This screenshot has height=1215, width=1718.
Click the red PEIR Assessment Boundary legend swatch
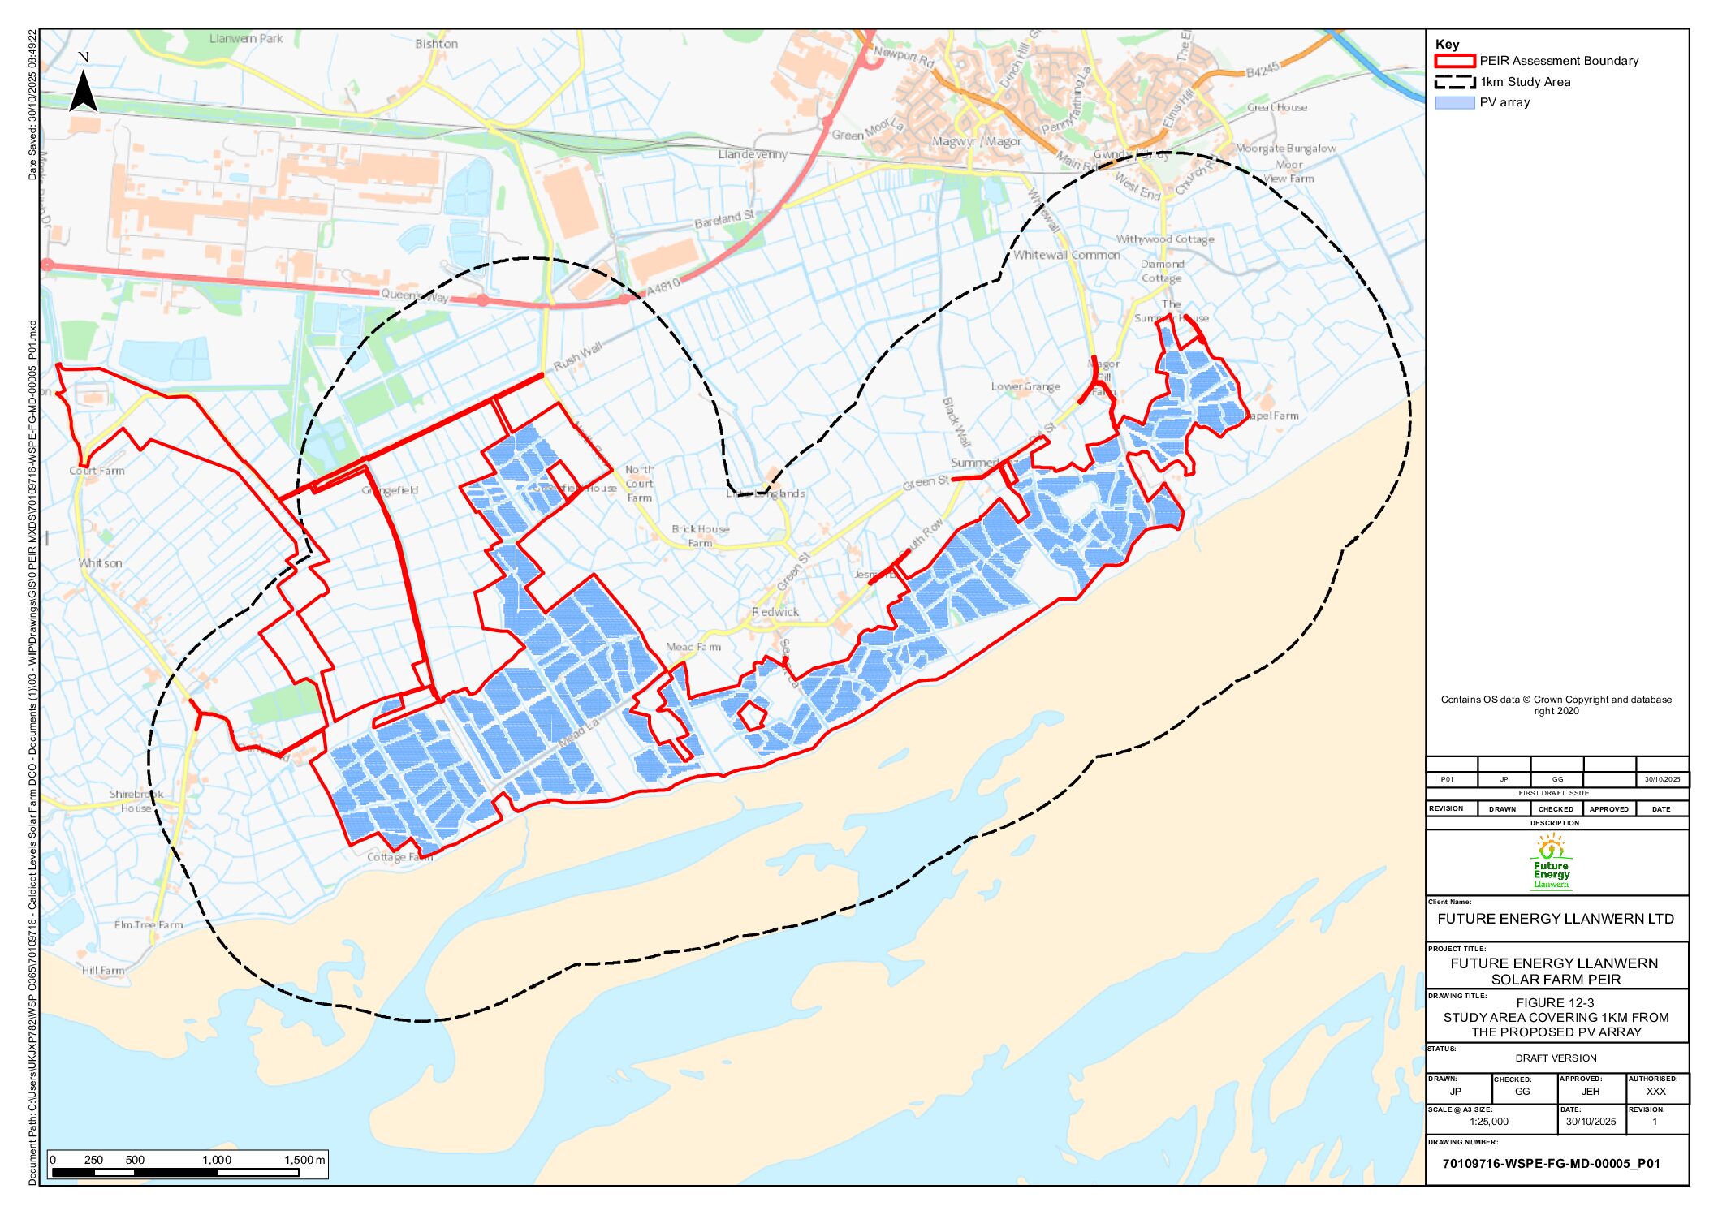click(x=1454, y=61)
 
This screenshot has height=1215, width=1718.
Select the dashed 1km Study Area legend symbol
click(x=1454, y=82)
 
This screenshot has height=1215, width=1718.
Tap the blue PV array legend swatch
click(x=1454, y=103)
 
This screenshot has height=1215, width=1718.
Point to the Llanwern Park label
click(x=246, y=38)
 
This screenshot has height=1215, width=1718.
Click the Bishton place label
click(x=436, y=44)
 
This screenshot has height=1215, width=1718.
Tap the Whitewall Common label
click(x=1066, y=255)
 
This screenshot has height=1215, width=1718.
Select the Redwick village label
click(x=775, y=612)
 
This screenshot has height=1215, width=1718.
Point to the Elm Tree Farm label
click(x=149, y=924)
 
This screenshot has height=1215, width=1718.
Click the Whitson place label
click(x=101, y=563)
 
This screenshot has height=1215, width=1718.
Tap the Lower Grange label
click(x=1025, y=386)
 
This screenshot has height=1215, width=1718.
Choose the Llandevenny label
click(x=753, y=154)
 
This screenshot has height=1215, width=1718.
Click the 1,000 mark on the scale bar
click(x=217, y=1160)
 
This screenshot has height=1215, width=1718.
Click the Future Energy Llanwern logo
click(x=1551, y=864)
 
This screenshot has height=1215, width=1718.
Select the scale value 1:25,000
click(x=1488, y=1122)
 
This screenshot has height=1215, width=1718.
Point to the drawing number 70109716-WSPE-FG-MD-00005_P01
click(x=1551, y=1163)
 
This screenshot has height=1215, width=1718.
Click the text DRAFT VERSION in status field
click(x=1556, y=1058)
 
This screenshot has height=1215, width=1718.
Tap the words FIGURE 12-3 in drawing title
click(x=1555, y=1003)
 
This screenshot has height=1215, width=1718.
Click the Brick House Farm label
click(x=700, y=536)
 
